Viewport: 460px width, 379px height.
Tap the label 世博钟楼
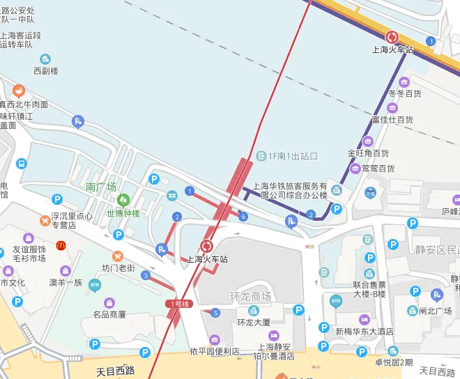(x=123, y=213)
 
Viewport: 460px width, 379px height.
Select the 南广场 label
(x=101, y=187)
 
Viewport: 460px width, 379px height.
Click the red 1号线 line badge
(x=179, y=304)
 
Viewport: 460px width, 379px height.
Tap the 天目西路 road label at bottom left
(x=115, y=371)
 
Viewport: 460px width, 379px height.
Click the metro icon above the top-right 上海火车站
(x=392, y=36)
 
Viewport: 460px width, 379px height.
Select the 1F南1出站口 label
(x=293, y=156)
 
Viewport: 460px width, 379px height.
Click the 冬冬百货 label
(x=405, y=93)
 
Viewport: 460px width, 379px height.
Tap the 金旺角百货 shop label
(x=368, y=153)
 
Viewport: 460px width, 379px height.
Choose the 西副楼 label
(x=46, y=71)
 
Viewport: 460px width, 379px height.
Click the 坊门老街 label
(x=118, y=268)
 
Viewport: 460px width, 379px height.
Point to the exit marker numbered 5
(x=215, y=313)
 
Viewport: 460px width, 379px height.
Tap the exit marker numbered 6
(x=243, y=217)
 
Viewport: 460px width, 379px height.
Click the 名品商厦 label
(x=109, y=315)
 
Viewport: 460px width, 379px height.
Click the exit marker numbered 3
(x=146, y=275)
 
